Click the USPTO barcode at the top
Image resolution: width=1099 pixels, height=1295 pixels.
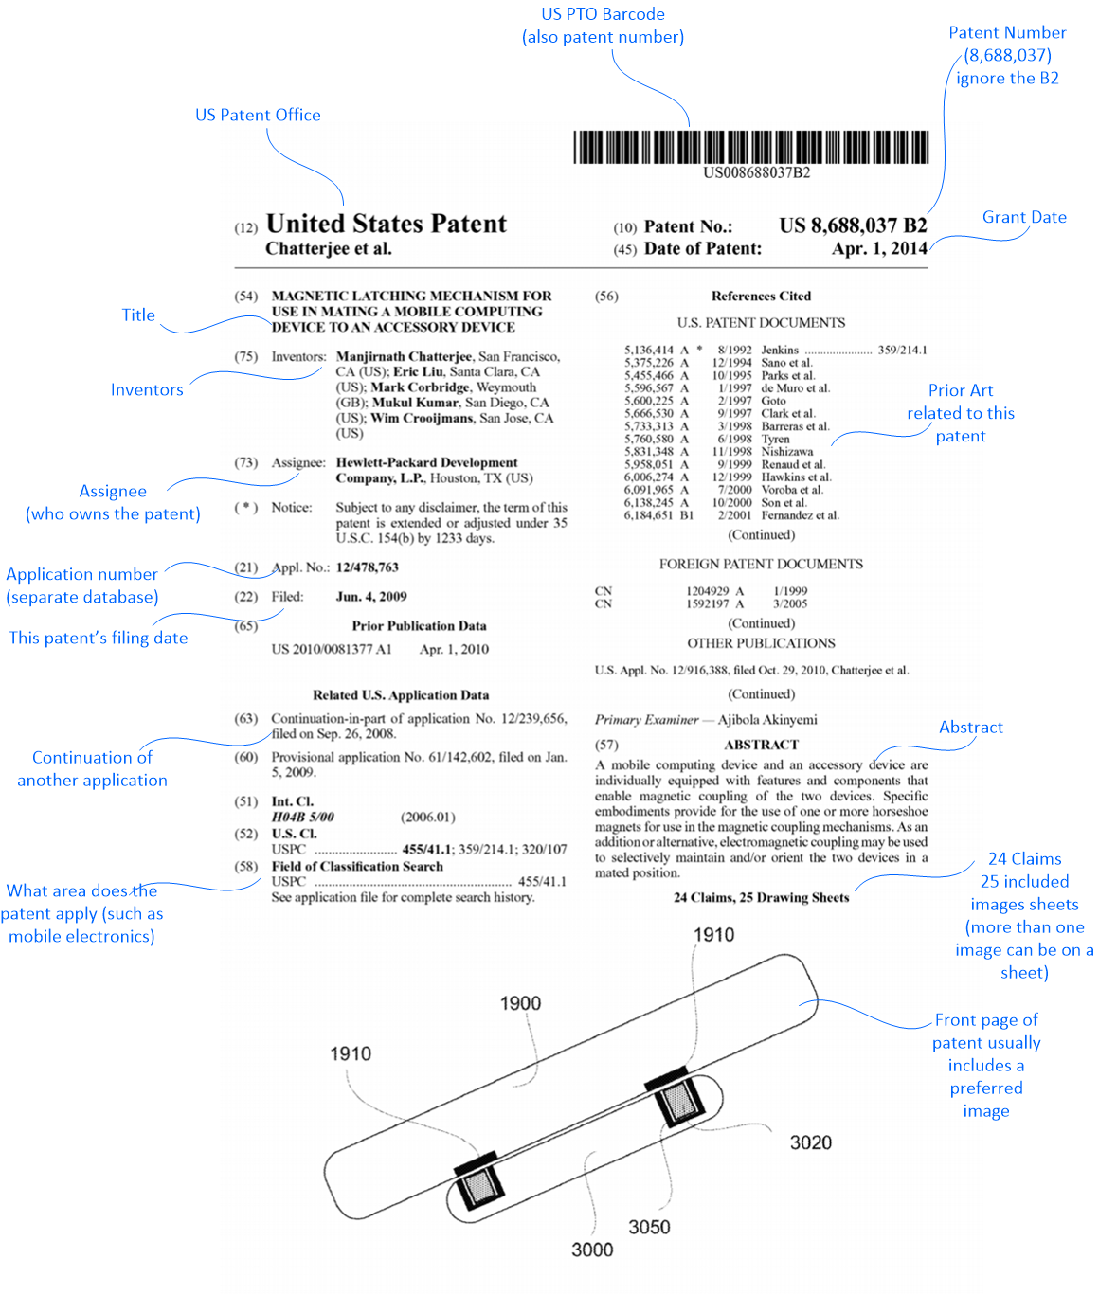(x=750, y=148)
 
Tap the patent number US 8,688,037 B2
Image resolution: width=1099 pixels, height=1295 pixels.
(x=853, y=225)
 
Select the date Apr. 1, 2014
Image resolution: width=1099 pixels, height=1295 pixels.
(x=879, y=248)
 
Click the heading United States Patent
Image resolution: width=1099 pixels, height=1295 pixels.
(x=387, y=224)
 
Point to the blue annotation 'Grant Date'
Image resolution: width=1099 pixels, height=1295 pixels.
(x=1024, y=217)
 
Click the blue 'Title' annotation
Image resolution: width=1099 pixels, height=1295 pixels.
(x=138, y=315)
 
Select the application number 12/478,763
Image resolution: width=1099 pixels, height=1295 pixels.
(x=367, y=567)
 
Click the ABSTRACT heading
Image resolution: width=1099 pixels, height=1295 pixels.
(x=761, y=745)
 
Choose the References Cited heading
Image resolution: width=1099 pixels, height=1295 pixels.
(x=761, y=296)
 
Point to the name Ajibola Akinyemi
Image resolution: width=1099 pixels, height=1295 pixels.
(x=767, y=720)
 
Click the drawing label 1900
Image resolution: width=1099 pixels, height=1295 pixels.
(x=520, y=1003)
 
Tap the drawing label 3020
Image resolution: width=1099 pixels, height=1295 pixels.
(x=811, y=1142)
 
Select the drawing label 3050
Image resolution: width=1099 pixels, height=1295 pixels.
(x=649, y=1227)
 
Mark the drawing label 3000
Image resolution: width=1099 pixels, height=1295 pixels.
(x=592, y=1250)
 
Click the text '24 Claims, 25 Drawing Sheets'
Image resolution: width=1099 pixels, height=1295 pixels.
(x=761, y=897)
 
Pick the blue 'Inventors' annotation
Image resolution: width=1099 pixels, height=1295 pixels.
(x=147, y=389)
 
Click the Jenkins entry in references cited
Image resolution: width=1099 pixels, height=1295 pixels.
(x=780, y=350)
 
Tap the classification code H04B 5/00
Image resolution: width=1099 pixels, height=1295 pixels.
(x=302, y=817)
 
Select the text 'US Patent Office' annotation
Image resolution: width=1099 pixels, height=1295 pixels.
(x=258, y=115)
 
